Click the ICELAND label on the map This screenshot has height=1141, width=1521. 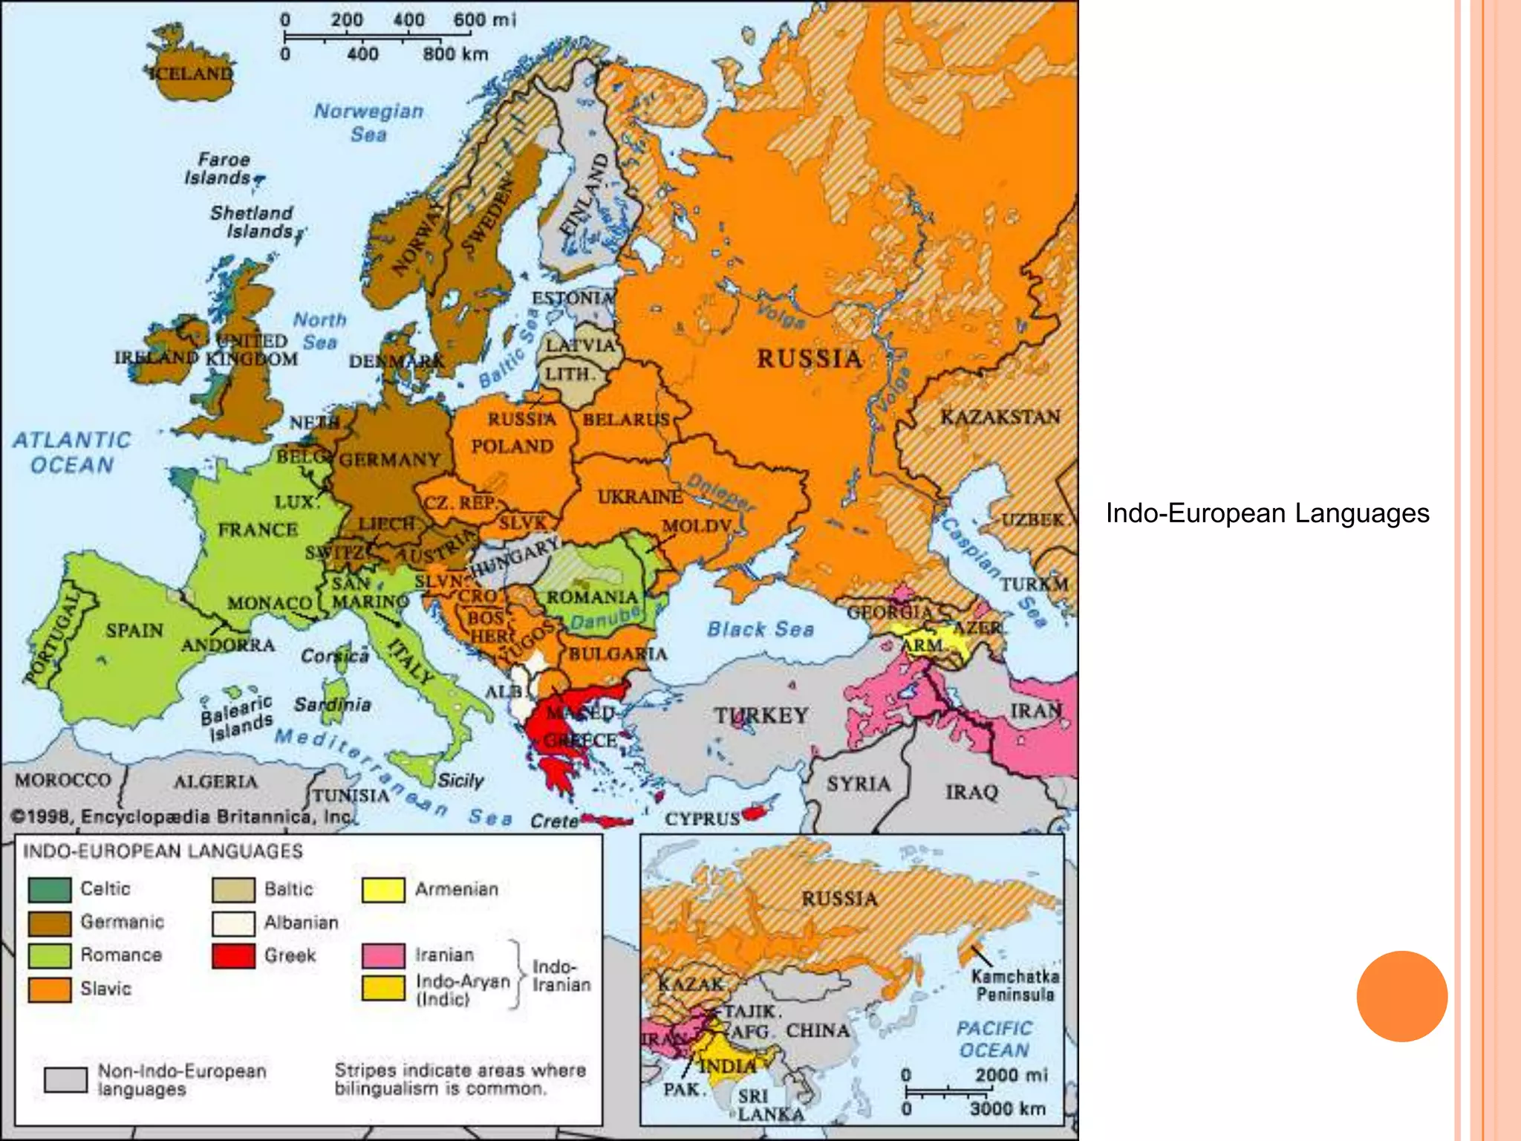[x=192, y=73]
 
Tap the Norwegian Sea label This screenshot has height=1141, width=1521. [x=368, y=123]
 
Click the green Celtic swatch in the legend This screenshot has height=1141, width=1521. [x=50, y=889]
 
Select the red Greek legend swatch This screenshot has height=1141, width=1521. [x=233, y=955]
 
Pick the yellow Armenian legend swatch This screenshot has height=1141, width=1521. [x=383, y=890]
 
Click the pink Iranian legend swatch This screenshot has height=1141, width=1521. [x=383, y=955]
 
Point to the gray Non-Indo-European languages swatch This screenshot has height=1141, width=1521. [x=65, y=1079]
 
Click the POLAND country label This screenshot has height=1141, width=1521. [x=512, y=446]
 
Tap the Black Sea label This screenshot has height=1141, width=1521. [x=760, y=629]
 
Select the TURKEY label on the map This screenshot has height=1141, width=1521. [x=760, y=715]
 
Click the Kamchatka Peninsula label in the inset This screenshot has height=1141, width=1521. [x=1014, y=985]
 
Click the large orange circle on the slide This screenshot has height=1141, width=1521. [x=1401, y=996]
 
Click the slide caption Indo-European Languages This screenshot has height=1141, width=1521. [x=1267, y=513]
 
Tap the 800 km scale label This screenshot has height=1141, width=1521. [x=455, y=54]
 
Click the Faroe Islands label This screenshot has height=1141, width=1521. [x=220, y=169]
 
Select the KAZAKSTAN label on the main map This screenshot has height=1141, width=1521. [x=1000, y=417]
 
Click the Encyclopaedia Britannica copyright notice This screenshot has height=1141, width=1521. [x=182, y=816]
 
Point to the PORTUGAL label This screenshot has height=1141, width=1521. [x=52, y=637]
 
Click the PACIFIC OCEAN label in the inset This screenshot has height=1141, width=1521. [x=994, y=1039]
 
